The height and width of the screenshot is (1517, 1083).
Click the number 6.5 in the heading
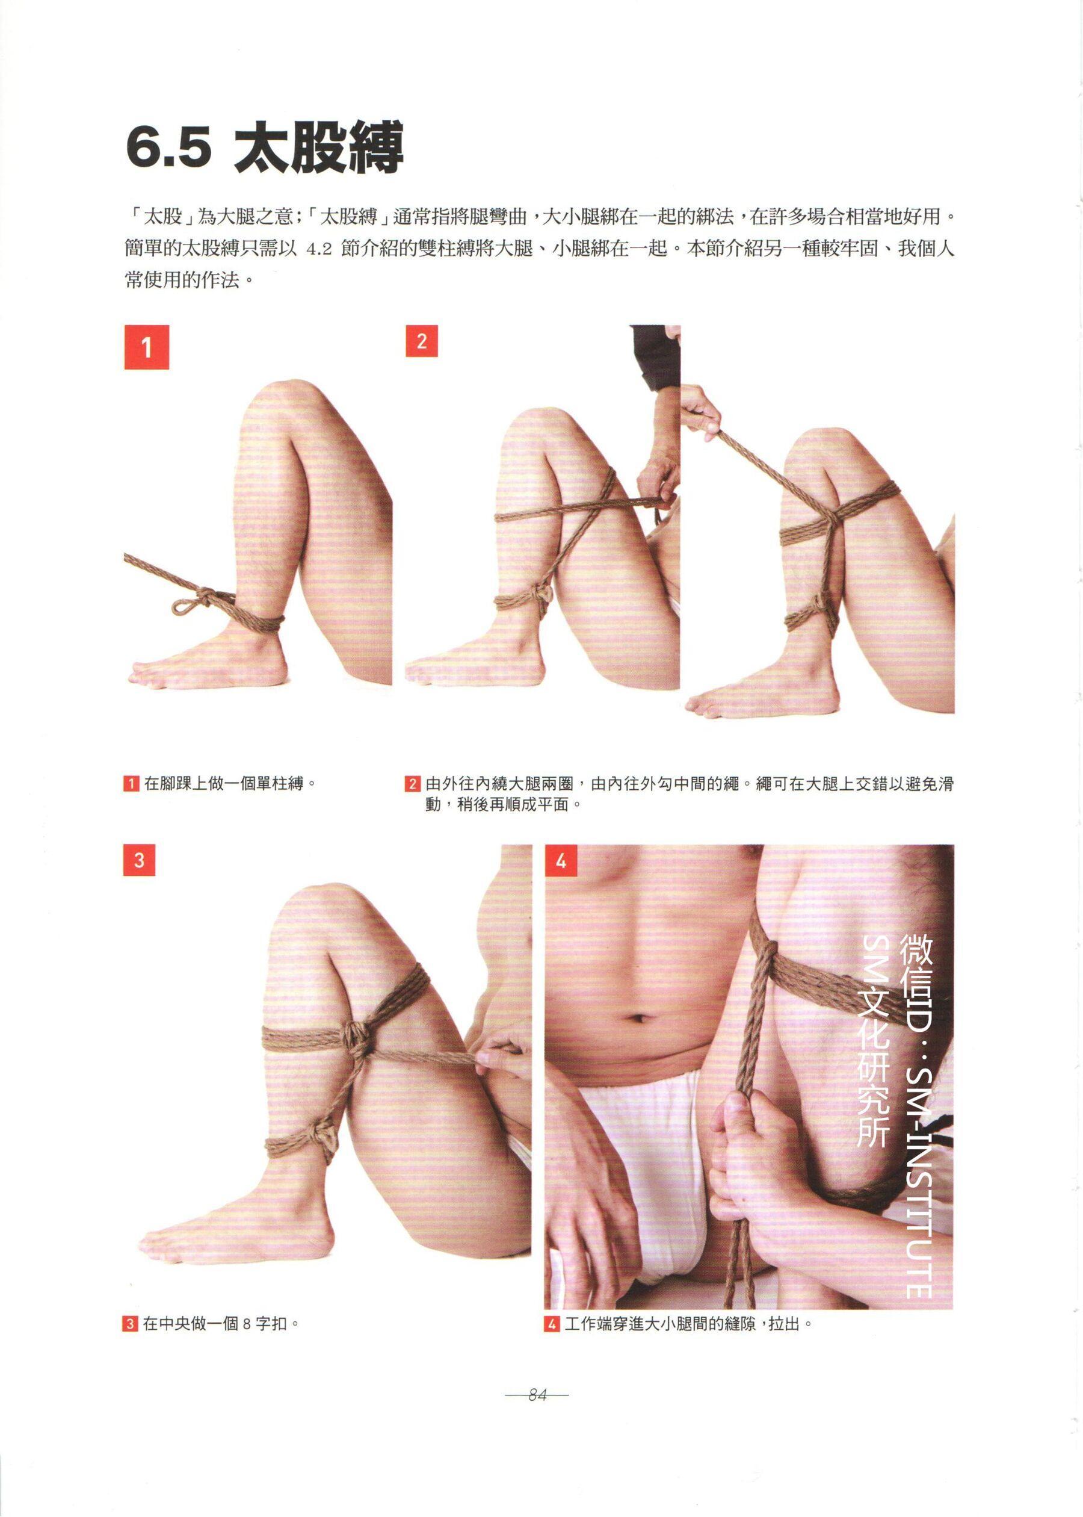coord(168,148)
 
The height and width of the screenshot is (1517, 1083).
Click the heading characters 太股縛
coord(319,147)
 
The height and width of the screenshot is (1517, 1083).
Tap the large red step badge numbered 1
coord(147,347)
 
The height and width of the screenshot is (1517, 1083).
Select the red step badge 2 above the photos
coord(421,341)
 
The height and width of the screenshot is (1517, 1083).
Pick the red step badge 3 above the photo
coord(140,860)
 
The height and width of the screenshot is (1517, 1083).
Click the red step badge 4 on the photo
coord(561,861)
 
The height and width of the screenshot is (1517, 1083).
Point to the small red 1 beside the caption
coord(131,783)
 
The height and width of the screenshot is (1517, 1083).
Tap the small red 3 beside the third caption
coord(130,1324)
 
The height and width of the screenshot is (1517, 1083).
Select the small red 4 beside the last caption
coord(552,1324)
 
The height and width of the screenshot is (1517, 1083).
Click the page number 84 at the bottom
coord(537,1394)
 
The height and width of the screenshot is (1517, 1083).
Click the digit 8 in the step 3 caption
coord(247,1324)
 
